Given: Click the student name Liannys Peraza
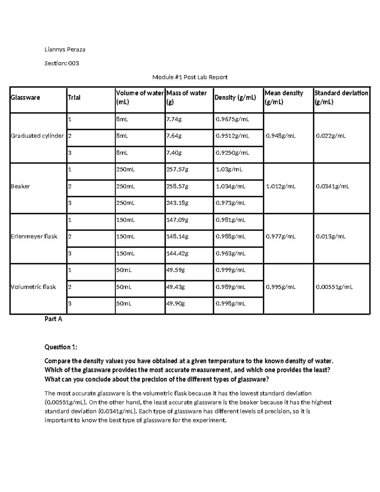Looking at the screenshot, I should click(x=65, y=49).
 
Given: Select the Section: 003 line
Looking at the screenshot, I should click(x=62, y=63).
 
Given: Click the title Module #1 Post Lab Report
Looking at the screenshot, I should click(x=190, y=77).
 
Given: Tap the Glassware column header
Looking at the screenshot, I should click(x=25, y=98).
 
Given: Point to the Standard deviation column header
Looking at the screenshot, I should click(x=341, y=97).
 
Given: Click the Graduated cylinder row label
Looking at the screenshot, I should click(x=37, y=136).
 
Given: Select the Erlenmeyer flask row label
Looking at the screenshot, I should click(x=34, y=236).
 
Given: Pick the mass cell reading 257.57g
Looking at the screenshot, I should click(x=177, y=169).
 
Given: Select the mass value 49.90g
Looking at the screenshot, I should click(x=176, y=304).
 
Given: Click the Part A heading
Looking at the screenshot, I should click(x=53, y=319).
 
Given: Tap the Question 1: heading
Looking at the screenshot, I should click(x=61, y=347).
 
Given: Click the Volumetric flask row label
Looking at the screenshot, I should click(x=33, y=287).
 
